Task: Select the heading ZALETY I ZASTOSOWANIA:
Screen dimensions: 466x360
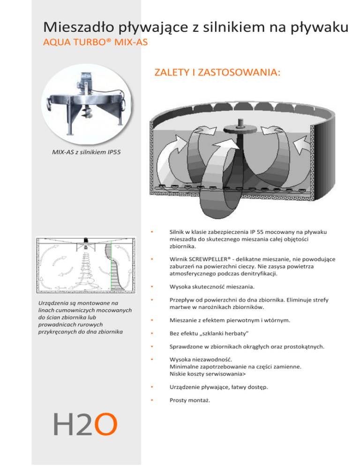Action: [x=217, y=73]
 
